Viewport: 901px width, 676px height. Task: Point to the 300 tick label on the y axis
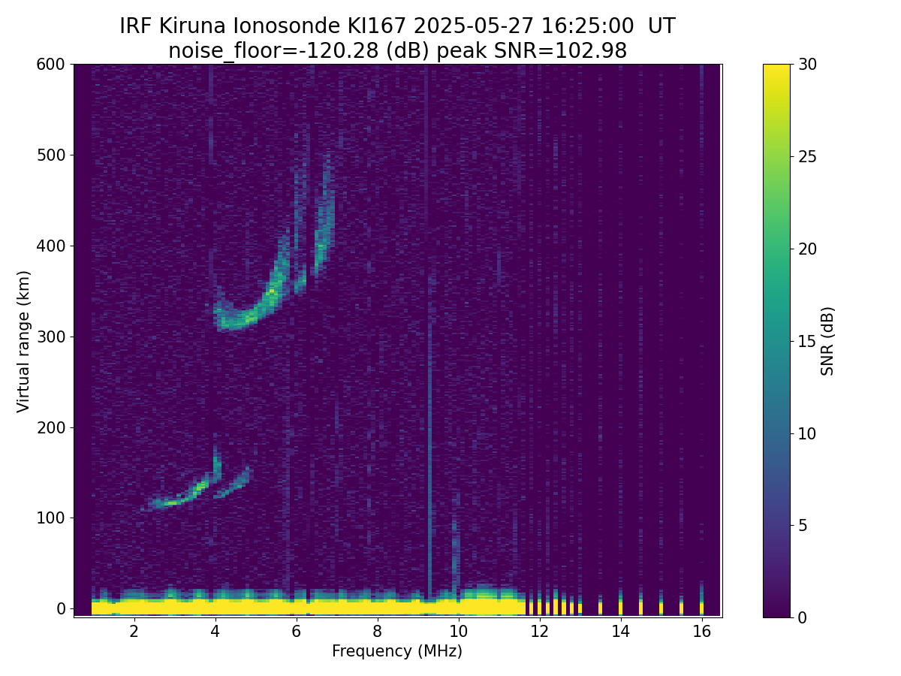click(50, 337)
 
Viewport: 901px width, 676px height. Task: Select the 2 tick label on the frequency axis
click(134, 632)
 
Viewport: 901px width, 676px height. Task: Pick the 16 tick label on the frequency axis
click(701, 632)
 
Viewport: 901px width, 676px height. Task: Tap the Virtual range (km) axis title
click(23, 342)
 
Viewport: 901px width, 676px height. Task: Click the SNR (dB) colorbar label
click(827, 341)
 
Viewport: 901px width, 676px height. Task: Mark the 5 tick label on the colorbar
click(803, 525)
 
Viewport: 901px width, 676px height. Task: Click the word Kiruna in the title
click(192, 26)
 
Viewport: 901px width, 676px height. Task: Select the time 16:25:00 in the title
click(587, 26)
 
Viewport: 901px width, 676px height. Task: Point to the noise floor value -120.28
click(342, 51)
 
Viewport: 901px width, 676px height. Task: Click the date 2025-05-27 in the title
click(473, 26)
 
